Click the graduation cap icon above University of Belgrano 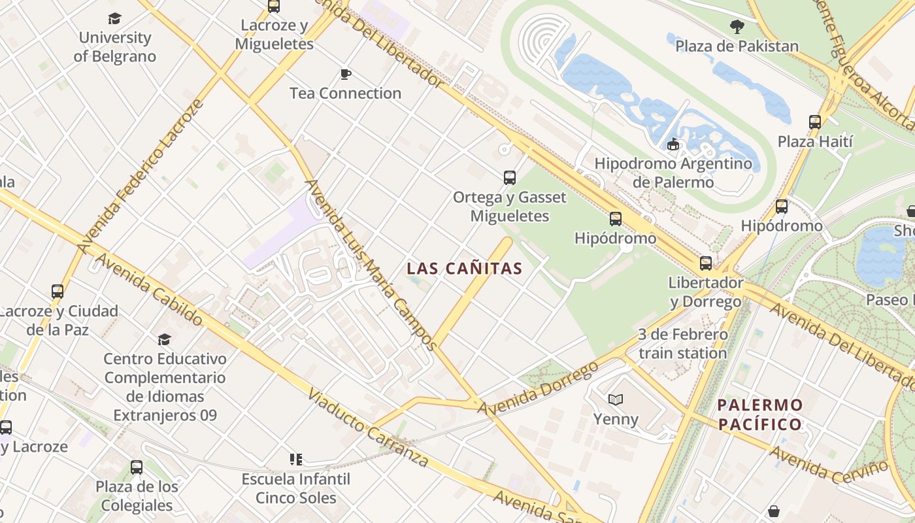click(115, 18)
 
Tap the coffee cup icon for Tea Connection click(346, 74)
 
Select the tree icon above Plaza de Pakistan click(737, 27)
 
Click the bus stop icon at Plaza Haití click(814, 122)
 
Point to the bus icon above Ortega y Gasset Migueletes click(510, 177)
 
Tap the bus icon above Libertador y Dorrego click(706, 263)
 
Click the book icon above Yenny click(615, 399)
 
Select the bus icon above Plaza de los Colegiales click(137, 467)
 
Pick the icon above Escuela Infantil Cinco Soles click(296, 460)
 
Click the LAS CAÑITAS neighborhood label click(465, 269)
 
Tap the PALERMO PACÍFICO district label click(759, 414)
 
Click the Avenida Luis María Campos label click(370, 265)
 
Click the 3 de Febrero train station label click(682, 344)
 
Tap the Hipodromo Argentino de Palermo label click(673, 173)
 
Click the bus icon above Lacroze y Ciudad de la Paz click(58, 292)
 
